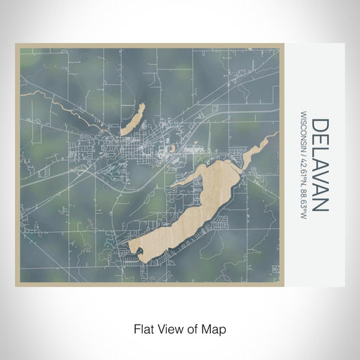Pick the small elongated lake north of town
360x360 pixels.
point(133,120)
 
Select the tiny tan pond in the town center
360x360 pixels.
point(169,149)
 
